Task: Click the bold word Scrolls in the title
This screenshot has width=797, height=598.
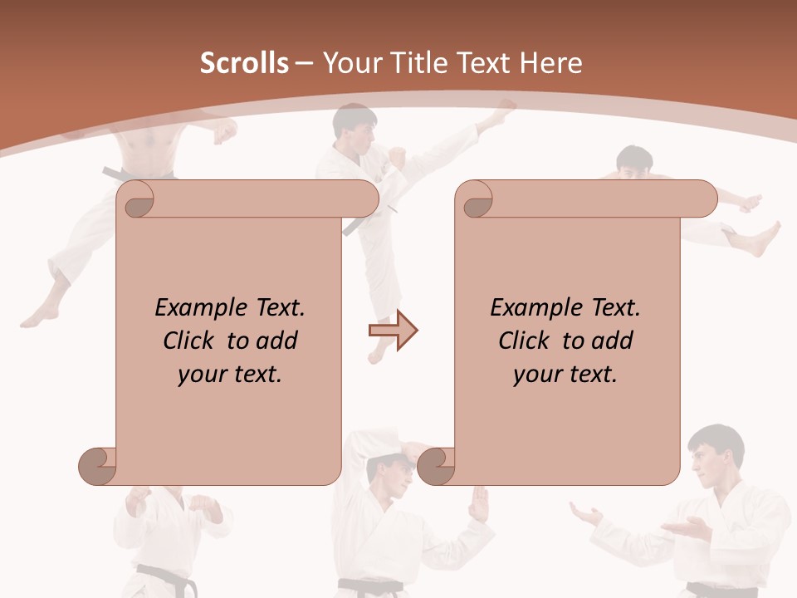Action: pos(244,63)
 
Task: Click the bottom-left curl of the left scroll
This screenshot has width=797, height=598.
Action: pos(98,466)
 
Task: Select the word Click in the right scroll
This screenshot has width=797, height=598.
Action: pos(523,341)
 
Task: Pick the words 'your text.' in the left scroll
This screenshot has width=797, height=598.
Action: pos(230,375)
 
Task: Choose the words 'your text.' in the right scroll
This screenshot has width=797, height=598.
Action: pos(565,375)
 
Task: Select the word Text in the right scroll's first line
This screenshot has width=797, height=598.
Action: pos(614,308)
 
